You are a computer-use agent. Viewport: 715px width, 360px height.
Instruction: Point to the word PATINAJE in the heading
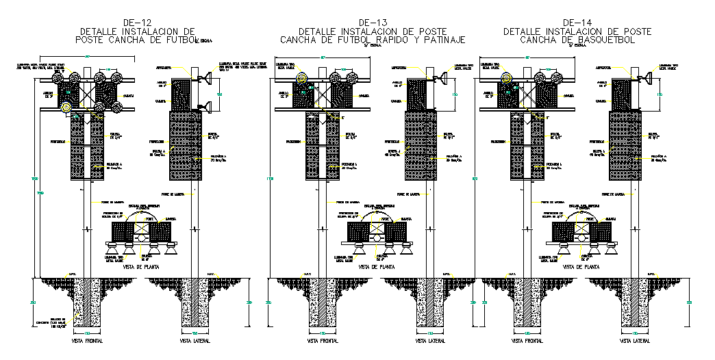pyautogui.click(x=442, y=40)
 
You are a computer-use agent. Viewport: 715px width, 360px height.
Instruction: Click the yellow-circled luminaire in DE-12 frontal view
pyautogui.click(x=66, y=107)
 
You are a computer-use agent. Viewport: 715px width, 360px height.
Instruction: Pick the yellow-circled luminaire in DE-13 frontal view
pyautogui.click(x=303, y=78)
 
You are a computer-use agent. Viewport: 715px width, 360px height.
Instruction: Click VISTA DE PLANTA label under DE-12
pyautogui.click(x=142, y=267)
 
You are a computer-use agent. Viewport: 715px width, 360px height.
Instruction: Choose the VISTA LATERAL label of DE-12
pyautogui.click(x=195, y=340)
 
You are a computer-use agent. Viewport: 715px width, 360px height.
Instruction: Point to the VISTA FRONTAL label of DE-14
pyautogui.click(x=525, y=340)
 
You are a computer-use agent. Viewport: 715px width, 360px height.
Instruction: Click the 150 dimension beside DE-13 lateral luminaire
pyautogui.click(x=456, y=94)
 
